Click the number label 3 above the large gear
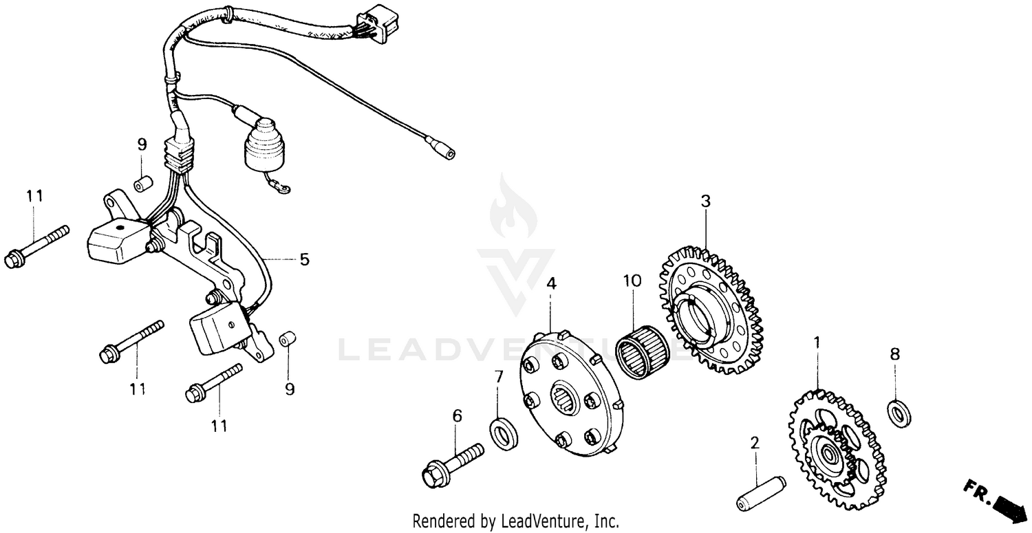coord(705,201)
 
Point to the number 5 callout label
coord(303,259)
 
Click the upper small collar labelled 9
coord(142,185)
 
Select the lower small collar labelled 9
coord(288,340)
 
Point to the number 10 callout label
coord(632,281)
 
